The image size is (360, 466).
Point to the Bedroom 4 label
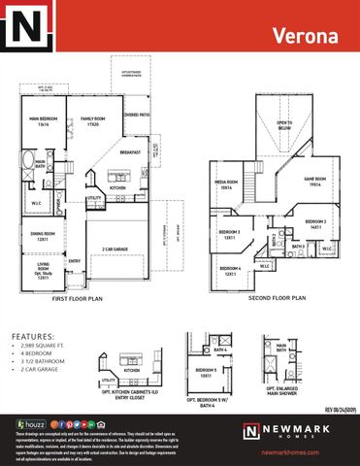coord(229,273)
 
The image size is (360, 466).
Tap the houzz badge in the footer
coord(33,424)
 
